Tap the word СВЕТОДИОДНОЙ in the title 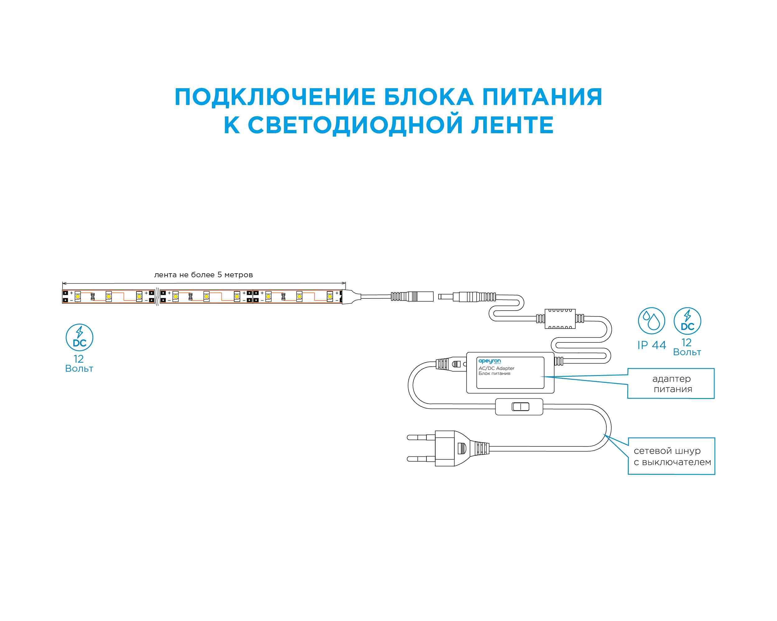(355, 125)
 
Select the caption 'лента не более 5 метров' (203, 275)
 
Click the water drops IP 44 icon (651, 321)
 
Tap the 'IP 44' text (651, 345)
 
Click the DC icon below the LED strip (79, 337)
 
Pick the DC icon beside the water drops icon (687, 321)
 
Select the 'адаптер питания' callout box (671, 383)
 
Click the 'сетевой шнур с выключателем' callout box (671, 456)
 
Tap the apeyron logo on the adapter (490, 361)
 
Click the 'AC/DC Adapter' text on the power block (496, 368)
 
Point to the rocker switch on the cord (520, 407)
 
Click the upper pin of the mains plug (421, 437)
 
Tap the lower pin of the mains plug (421, 459)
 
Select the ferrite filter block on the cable (560, 319)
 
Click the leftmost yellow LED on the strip (78, 296)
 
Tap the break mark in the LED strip (158, 296)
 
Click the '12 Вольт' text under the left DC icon (79, 364)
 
